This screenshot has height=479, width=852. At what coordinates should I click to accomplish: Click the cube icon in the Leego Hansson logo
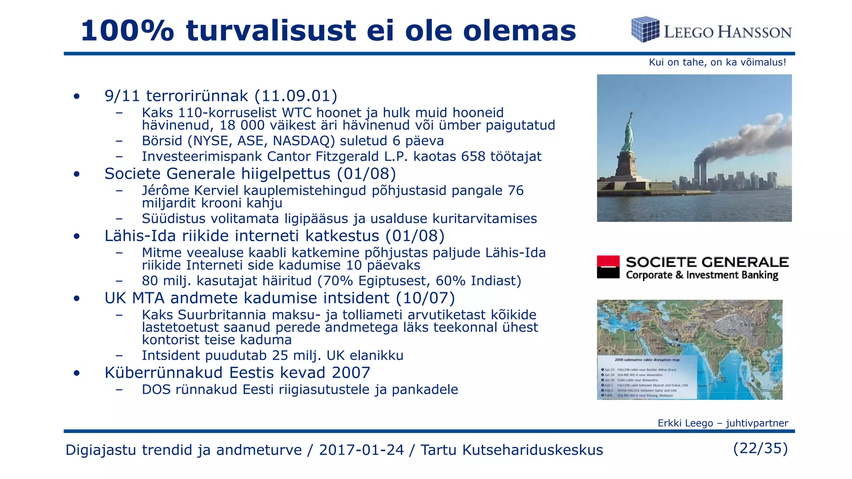click(645, 29)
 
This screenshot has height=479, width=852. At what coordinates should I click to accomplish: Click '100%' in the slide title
click(127, 31)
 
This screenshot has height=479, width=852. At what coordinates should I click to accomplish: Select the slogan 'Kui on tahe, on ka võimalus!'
click(717, 62)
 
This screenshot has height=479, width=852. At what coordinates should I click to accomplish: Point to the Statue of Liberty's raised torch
click(631, 114)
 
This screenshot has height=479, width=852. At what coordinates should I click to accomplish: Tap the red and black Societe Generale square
click(608, 267)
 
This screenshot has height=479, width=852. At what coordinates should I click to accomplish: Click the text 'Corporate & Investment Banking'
click(702, 275)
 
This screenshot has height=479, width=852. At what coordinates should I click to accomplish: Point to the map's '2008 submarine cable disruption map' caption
click(647, 360)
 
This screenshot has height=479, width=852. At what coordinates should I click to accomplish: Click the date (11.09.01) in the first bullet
click(296, 96)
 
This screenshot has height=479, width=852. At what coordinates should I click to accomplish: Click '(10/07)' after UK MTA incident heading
click(425, 298)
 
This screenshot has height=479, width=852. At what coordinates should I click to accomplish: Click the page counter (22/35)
click(760, 448)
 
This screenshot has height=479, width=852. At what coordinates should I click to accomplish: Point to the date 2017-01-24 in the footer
click(361, 450)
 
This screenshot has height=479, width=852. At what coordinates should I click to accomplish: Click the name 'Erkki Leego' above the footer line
click(685, 423)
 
